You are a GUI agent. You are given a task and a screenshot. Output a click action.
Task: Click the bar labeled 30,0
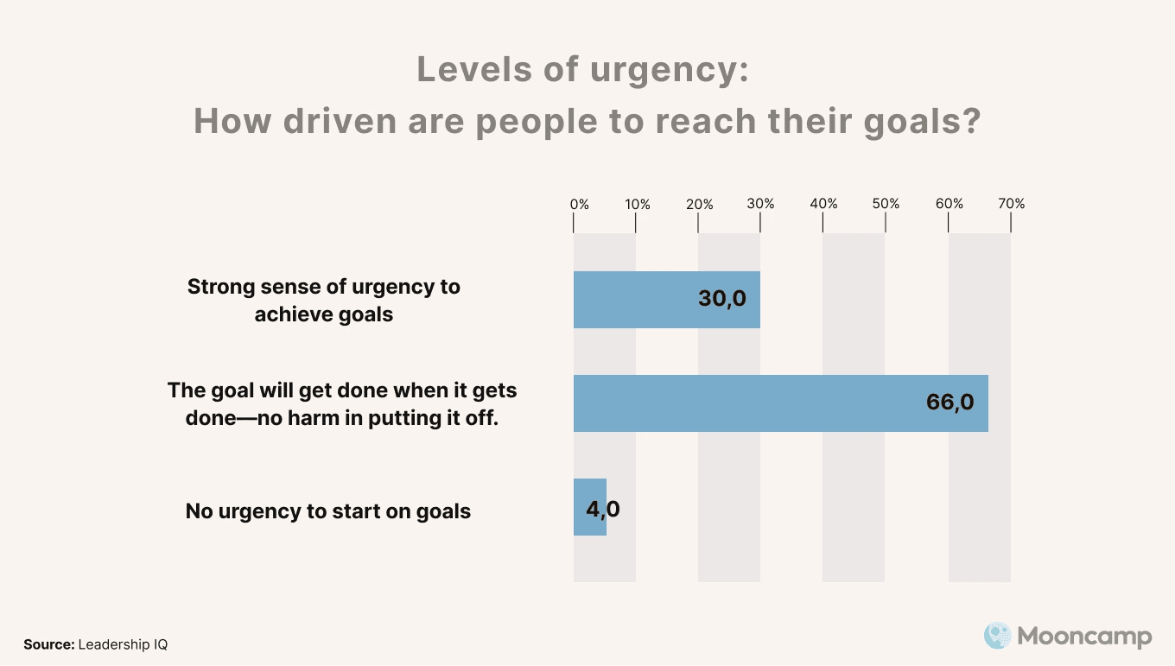point(639,300)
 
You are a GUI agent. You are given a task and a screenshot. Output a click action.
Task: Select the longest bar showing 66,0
point(743,403)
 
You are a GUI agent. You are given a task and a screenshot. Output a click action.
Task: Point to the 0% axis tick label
point(579,205)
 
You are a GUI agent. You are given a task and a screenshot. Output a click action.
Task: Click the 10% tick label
point(638,205)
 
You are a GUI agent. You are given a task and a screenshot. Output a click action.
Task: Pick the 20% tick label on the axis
point(700,205)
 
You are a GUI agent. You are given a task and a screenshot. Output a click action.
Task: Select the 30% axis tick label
point(761,205)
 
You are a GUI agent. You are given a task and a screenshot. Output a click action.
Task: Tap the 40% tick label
point(823,205)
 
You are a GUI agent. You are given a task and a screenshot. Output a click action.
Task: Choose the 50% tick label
point(886,205)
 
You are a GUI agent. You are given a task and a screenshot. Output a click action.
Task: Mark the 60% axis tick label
point(950,205)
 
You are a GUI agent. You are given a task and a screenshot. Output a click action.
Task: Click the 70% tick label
point(1012,205)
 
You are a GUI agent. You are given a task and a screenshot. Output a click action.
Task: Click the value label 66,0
point(950,403)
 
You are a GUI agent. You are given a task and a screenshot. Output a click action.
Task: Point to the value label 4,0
point(602,509)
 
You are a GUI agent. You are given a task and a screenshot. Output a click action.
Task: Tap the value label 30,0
point(721,299)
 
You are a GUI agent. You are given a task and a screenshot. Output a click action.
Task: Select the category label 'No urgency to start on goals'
point(328,511)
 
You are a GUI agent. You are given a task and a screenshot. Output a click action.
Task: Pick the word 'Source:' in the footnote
point(48,644)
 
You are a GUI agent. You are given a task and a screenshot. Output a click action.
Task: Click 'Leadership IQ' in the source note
point(123,644)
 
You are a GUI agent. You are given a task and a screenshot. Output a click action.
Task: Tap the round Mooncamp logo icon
point(997,637)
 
